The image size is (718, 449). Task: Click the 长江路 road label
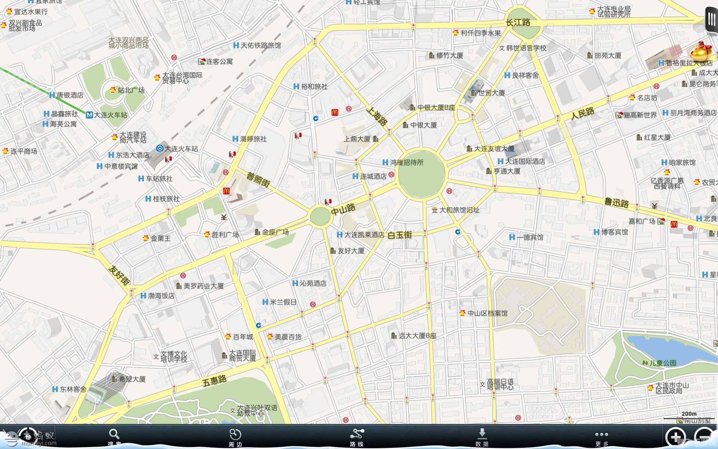[x=518, y=22]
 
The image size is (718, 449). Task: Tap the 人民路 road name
[x=583, y=113]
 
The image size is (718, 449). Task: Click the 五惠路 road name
[x=214, y=381]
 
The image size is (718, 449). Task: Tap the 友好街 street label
[x=119, y=275]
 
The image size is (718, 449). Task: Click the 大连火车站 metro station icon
[x=89, y=115]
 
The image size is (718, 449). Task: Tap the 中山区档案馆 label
[x=487, y=313]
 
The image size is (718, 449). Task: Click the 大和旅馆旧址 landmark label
[x=459, y=210]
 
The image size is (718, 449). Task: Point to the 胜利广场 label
[x=225, y=235]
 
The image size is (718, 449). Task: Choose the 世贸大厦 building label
[x=491, y=93]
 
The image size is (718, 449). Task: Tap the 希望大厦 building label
[x=132, y=379]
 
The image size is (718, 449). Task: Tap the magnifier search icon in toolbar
[x=114, y=434]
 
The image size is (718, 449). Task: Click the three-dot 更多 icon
[x=601, y=434]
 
